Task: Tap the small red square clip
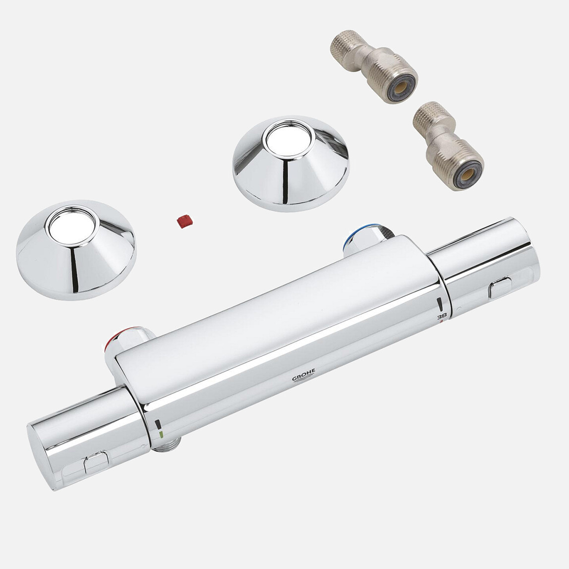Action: point(184,221)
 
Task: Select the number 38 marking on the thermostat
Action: point(442,316)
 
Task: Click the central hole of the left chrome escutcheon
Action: point(72,226)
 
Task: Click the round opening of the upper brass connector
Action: point(401,89)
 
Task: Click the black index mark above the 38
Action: point(439,303)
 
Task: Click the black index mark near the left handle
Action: point(158,424)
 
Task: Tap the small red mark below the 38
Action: point(442,322)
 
